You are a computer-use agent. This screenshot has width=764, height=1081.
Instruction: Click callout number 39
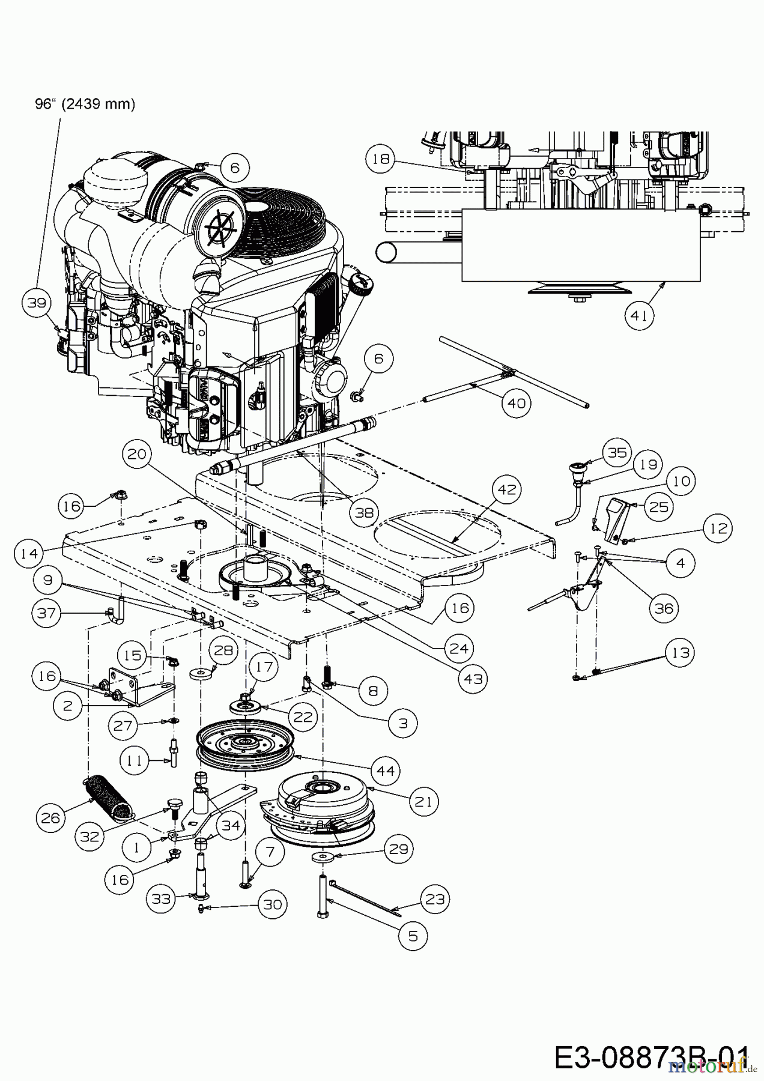click(x=37, y=303)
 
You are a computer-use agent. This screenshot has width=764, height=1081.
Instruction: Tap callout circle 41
click(x=639, y=315)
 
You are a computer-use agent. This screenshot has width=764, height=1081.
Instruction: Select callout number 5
click(x=412, y=936)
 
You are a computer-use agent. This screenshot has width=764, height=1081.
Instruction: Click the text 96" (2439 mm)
click(x=85, y=104)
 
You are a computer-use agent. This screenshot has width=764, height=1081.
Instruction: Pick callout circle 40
click(x=516, y=402)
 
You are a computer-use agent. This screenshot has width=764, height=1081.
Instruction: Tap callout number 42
click(x=506, y=489)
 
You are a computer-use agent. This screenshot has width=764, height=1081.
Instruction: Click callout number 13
click(x=679, y=652)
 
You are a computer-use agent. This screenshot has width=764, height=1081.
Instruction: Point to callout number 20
click(x=137, y=455)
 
